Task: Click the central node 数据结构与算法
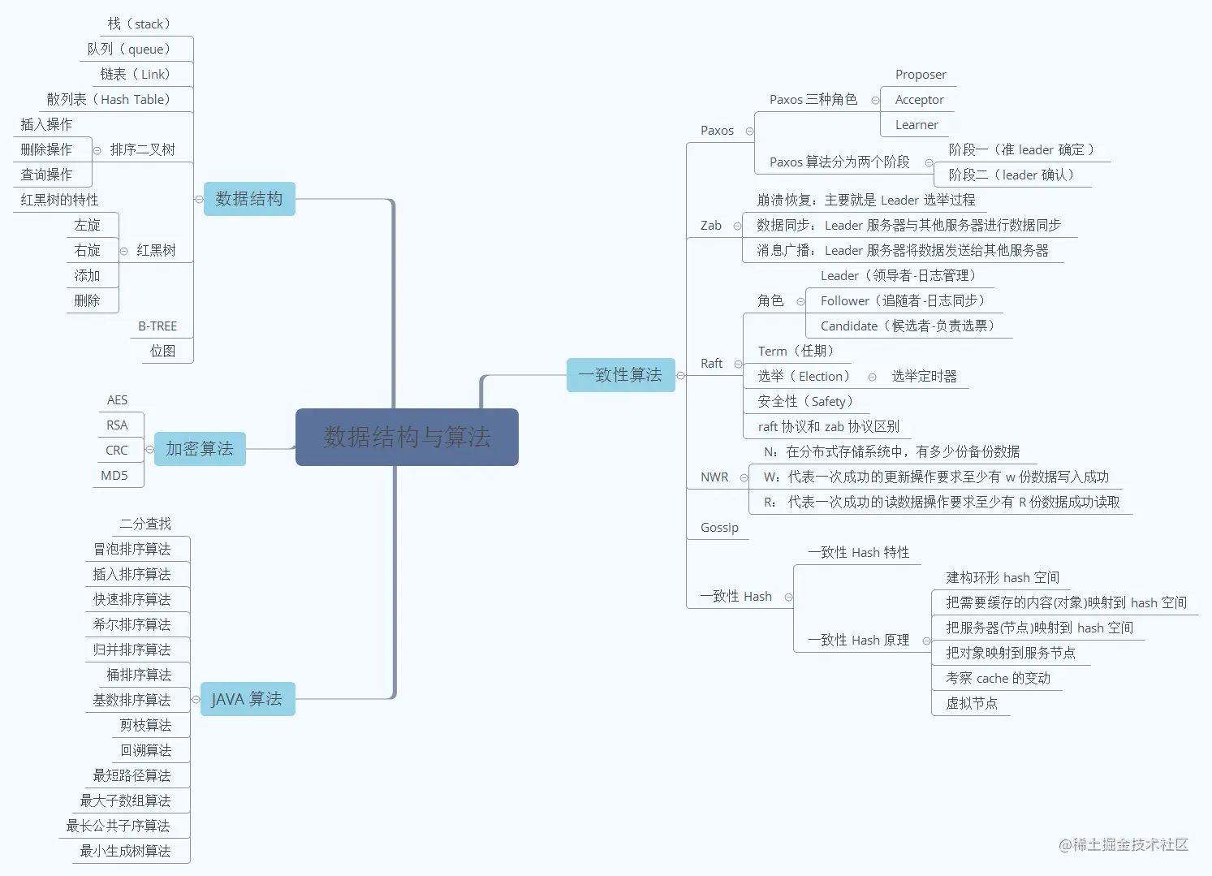(407, 437)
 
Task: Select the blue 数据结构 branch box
(249, 199)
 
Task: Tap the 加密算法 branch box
(200, 449)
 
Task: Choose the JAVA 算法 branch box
(247, 699)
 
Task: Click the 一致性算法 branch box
(620, 375)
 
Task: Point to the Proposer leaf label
(921, 75)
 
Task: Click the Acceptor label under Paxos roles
(919, 100)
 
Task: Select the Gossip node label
(719, 528)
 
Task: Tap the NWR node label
(714, 477)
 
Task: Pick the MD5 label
(114, 476)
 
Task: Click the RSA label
(117, 425)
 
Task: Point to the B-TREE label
(157, 326)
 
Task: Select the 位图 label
(163, 352)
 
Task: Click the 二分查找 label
(145, 524)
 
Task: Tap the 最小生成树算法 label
(125, 851)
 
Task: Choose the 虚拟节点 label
(972, 703)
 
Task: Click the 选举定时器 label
(924, 377)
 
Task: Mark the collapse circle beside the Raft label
(738, 364)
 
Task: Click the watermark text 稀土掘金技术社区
(1130, 845)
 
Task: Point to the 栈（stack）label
(139, 24)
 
